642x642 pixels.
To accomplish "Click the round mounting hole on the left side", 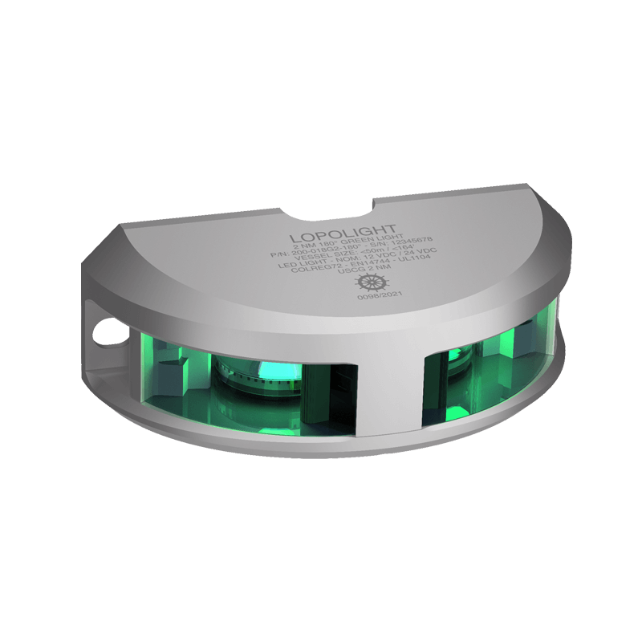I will [x=102, y=329].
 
